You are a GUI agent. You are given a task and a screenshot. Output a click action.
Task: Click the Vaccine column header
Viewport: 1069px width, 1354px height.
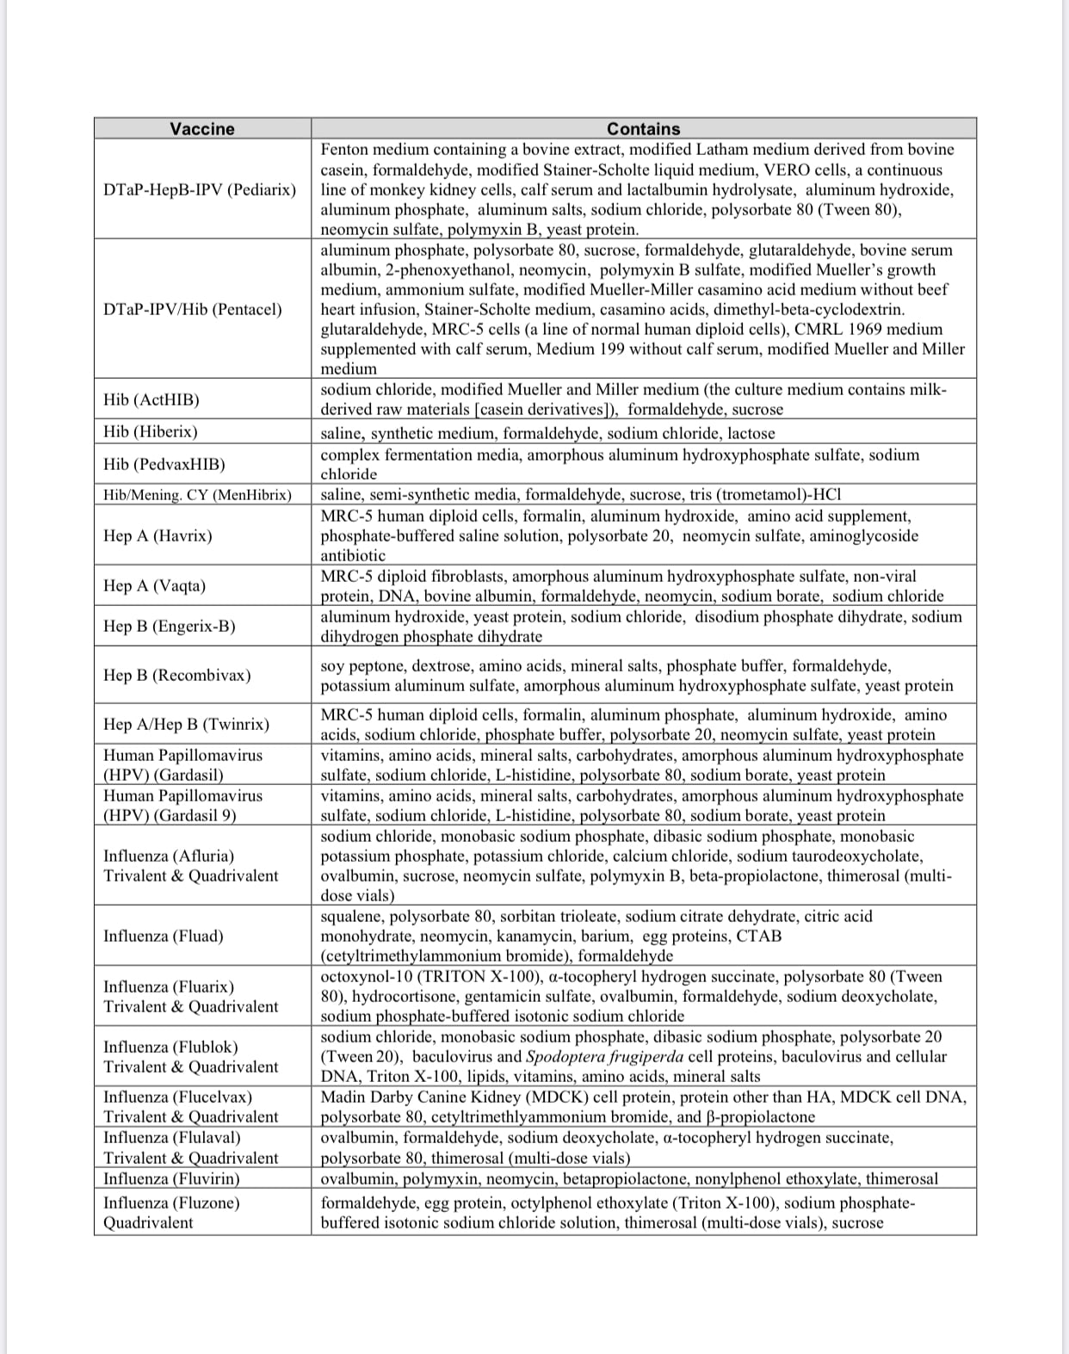click(201, 128)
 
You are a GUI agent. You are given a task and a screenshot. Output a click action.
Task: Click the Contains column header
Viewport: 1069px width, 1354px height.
click(643, 128)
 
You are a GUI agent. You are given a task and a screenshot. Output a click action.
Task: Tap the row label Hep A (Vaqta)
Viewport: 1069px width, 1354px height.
click(154, 585)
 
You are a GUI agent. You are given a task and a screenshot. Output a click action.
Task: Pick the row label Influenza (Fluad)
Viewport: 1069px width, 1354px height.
click(163, 936)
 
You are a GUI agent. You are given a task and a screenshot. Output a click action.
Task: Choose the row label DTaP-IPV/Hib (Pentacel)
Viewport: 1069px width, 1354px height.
click(192, 309)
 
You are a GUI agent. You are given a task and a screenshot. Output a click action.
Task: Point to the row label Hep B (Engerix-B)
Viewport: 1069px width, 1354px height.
click(169, 626)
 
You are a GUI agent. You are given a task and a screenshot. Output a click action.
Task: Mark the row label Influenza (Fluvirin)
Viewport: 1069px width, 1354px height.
click(171, 1178)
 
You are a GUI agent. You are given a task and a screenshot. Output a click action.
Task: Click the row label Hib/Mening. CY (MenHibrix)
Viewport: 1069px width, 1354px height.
click(197, 495)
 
